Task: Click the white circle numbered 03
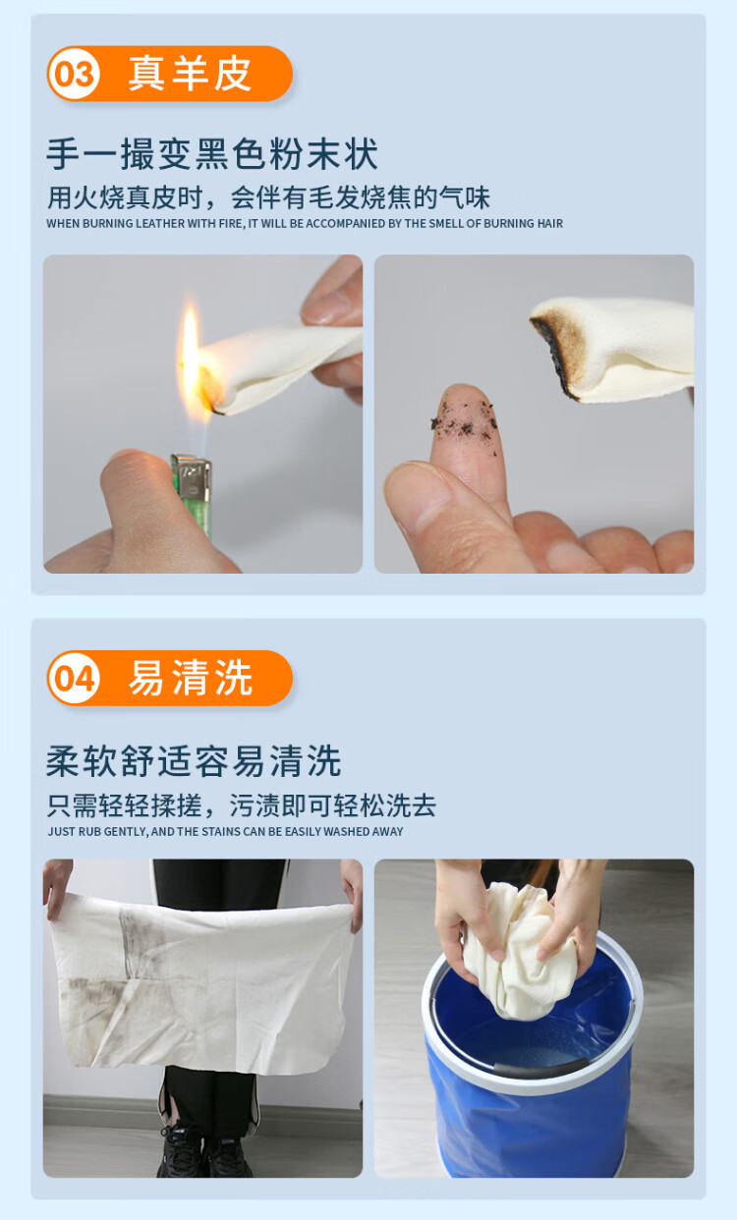click(74, 74)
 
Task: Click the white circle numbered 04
click(74, 679)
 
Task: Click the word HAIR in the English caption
click(550, 223)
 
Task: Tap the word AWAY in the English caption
click(389, 832)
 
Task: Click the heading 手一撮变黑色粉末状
click(212, 154)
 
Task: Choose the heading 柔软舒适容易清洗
click(194, 760)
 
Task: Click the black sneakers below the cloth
click(205, 1153)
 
